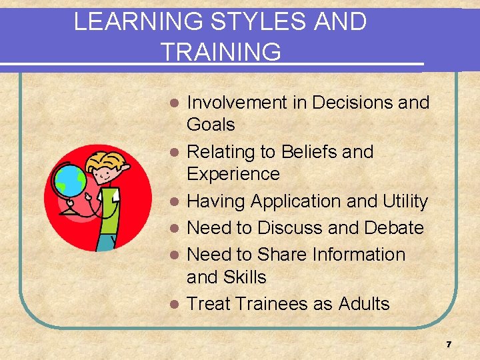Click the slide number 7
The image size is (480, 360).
(449, 345)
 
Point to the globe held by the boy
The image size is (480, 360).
(70, 180)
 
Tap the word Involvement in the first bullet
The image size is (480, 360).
(246, 103)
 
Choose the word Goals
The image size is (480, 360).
(211, 125)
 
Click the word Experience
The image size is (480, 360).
(233, 174)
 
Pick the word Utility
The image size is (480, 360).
(405, 201)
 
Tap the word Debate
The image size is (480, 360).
(393, 228)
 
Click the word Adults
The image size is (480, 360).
(364, 304)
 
